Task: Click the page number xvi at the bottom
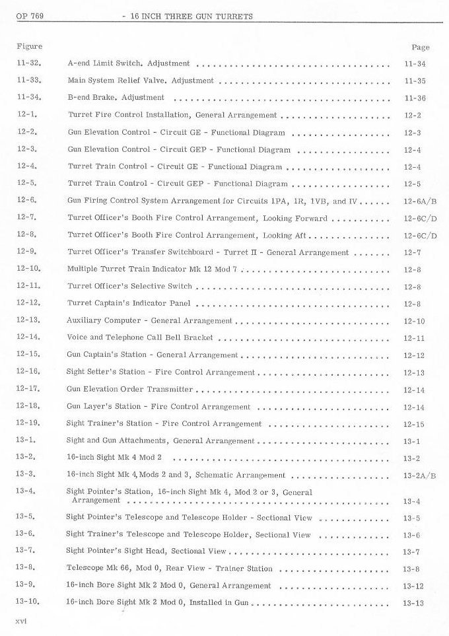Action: coord(22,623)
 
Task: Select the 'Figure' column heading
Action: coord(29,46)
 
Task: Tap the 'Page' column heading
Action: coord(420,47)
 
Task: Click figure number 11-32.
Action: coord(30,63)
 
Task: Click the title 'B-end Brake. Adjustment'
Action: coord(116,98)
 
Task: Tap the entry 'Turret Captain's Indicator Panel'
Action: coord(129,303)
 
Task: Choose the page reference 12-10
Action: coord(415,321)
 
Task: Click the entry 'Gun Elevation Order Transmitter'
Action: coord(130,389)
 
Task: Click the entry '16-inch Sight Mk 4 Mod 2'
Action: coord(114,458)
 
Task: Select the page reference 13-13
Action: coord(415,603)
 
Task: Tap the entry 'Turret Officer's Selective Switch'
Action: coord(130,286)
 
